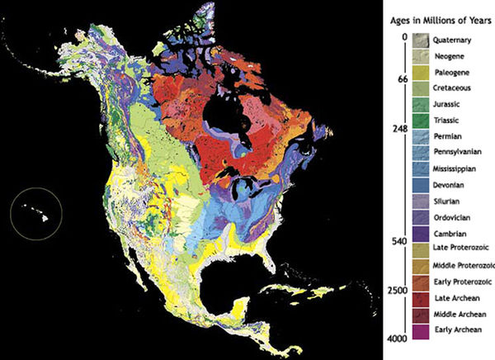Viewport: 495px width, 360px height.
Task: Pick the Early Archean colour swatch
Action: click(422, 329)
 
